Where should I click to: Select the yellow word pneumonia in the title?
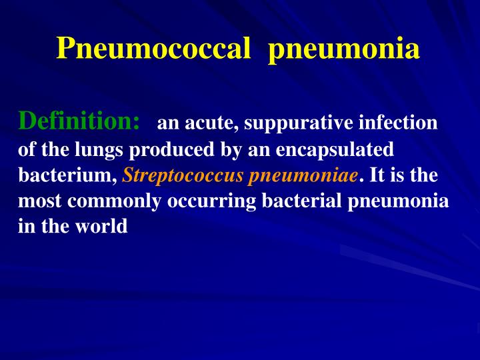pos(344,49)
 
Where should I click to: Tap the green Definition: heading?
pos(79,121)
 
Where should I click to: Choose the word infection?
pos(398,123)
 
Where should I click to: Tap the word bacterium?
pos(67,175)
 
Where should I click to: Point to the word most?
pos(37,201)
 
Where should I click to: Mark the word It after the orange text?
pos(377,175)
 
